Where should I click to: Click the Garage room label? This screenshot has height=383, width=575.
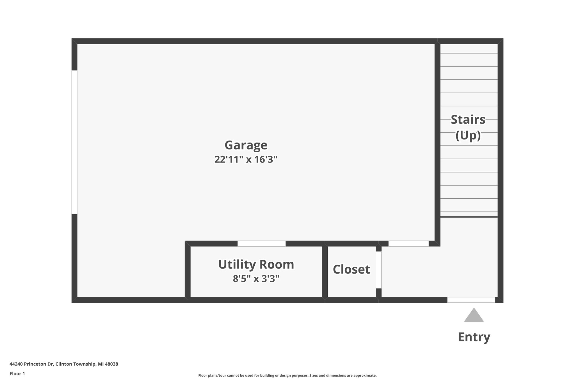pos(246,145)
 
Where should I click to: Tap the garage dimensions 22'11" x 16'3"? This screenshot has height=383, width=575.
pos(246,159)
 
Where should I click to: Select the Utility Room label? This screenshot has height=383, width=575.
pos(256,265)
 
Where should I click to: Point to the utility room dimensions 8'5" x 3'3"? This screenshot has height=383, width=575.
pos(256,279)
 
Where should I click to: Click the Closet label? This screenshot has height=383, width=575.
pos(351,270)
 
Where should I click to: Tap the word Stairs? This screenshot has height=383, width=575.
pos(468,120)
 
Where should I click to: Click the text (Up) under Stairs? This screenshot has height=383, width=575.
pos(468,136)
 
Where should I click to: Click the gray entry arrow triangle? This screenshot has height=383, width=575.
pos(474,316)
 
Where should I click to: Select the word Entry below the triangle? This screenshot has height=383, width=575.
pos(474,337)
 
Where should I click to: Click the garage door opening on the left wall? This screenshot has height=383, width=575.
pos(74,142)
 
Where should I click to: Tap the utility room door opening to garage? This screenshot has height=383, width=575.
pos(262,244)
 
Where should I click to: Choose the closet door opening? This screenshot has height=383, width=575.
pos(378,270)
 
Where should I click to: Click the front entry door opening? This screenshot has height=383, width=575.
pos(471,300)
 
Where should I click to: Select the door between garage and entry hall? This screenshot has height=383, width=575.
pos(409,244)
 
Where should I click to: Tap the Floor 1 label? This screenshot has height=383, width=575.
pos(17,374)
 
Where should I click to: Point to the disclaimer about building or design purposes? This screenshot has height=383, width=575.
pos(287,375)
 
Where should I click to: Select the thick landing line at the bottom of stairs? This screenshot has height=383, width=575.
pos(469,217)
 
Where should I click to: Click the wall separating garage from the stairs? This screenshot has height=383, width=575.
pos(437,140)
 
